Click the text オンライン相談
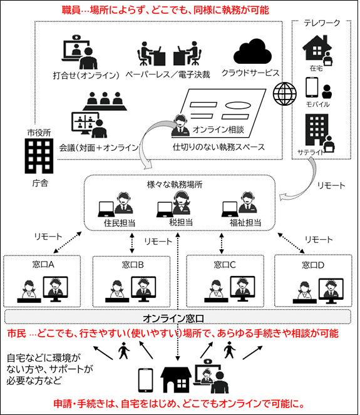point(217,130)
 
